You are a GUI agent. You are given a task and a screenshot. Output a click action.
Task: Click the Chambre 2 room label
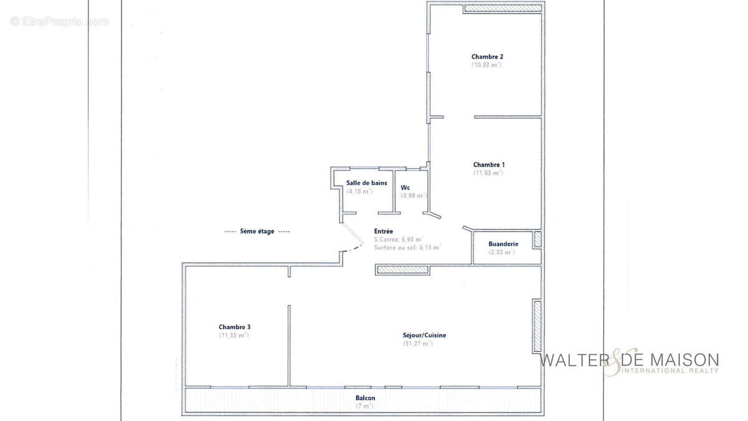(487, 56)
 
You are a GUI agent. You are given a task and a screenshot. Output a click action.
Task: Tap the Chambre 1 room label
(489, 165)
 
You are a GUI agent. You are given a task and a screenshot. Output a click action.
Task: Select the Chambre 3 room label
(234, 327)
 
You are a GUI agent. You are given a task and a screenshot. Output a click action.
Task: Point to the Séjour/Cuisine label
(424, 335)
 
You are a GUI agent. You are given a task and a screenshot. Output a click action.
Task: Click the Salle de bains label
(367, 183)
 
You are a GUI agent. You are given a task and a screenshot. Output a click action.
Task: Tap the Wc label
(405, 187)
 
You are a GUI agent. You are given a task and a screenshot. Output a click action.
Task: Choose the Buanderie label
(502, 244)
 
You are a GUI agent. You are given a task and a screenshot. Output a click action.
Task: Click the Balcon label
(365, 398)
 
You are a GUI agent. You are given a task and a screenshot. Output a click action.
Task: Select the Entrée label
(383, 231)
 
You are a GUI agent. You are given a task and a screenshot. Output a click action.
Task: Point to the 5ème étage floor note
(257, 231)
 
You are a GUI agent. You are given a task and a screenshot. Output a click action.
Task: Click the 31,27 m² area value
(418, 344)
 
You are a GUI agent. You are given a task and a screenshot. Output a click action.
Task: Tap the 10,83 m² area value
(487, 64)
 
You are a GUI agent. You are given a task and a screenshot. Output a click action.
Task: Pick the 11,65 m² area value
(488, 173)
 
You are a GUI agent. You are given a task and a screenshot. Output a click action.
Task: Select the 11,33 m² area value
(234, 335)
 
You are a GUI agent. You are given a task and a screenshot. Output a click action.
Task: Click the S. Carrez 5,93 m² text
(399, 239)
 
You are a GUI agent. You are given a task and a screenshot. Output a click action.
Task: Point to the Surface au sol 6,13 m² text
(408, 247)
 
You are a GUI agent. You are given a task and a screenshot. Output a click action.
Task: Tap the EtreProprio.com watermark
(59, 22)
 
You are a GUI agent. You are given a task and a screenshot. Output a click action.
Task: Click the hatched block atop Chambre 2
(502, 9)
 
